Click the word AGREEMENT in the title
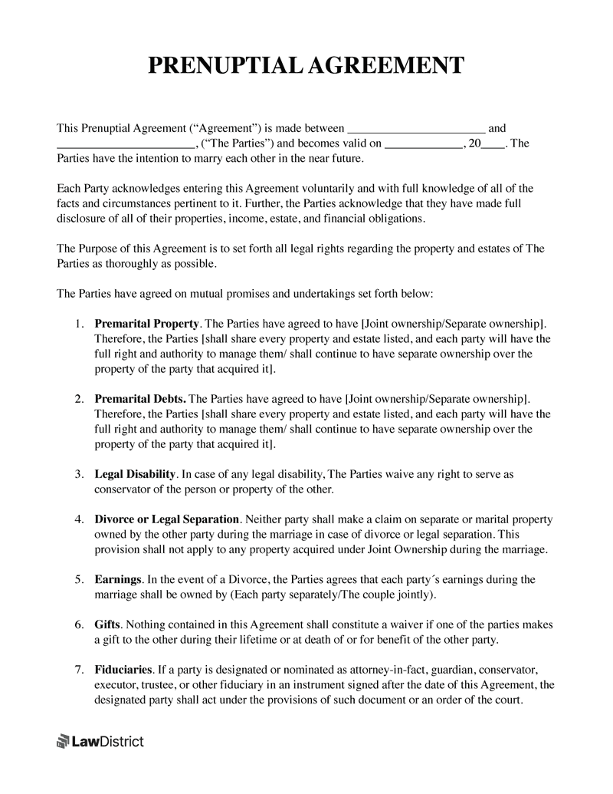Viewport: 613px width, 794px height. (x=386, y=65)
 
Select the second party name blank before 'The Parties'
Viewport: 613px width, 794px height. (x=126, y=144)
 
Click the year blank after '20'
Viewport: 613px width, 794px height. (x=492, y=144)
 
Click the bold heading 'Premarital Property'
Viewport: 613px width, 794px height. (x=146, y=324)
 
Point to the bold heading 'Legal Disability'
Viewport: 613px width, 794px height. (x=136, y=474)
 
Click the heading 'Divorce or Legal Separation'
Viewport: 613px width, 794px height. (x=167, y=519)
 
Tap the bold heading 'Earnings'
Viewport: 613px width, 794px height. (x=118, y=579)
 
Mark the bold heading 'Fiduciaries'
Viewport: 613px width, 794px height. (x=123, y=670)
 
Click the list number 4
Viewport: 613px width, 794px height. (x=79, y=519)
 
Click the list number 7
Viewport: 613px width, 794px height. (x=79, y=670)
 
